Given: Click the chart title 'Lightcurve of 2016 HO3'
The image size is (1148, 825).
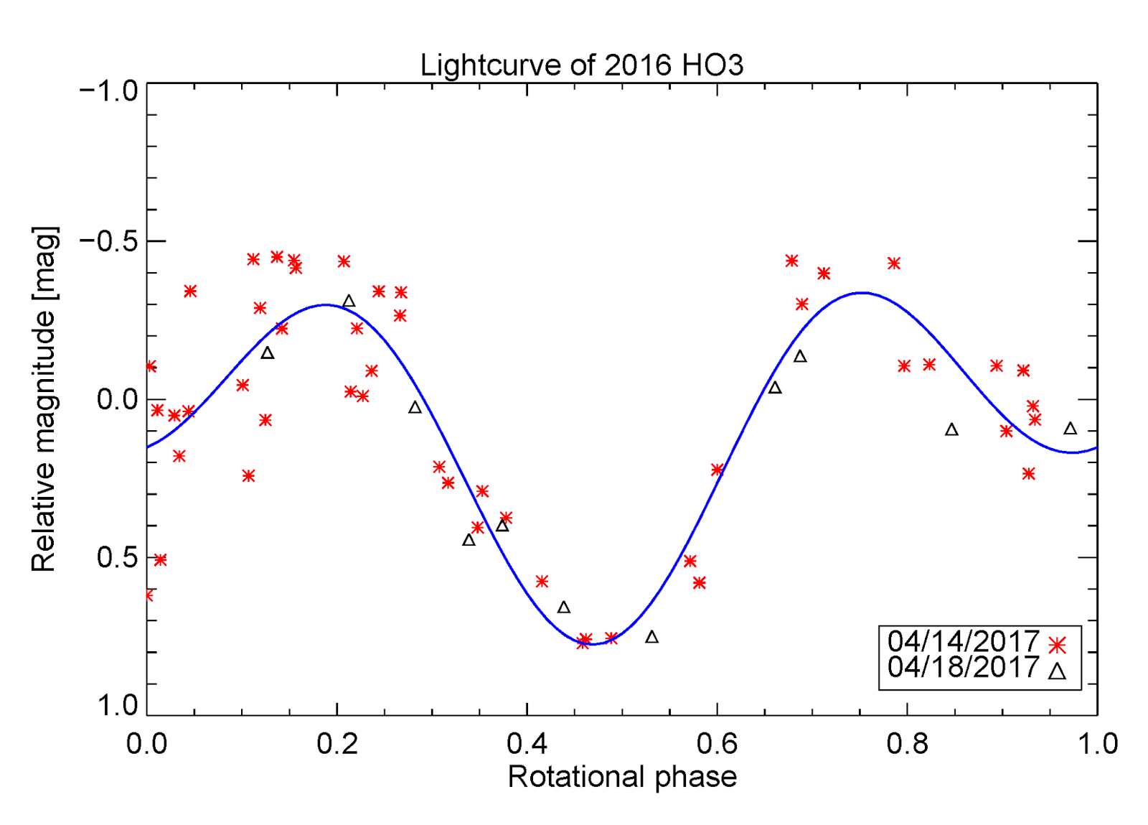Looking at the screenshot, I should click(x=581, y=65).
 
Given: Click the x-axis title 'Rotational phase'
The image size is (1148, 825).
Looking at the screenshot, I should click(x=622, y=777).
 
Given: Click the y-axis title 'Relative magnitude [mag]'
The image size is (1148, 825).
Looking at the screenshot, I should click(x=44, y=399).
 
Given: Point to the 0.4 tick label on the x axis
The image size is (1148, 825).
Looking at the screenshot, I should click(x=527, y=744).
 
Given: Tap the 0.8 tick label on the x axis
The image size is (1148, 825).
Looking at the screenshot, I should click(x=907, y=744).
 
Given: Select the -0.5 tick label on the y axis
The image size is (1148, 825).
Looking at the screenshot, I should click(x=109, y=241).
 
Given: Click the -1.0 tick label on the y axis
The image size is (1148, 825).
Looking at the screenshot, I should click(x=109, y=91).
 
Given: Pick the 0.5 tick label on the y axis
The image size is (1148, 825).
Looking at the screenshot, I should click(x=117, y=557).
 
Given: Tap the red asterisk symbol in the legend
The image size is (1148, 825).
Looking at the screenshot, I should click(x=1057, y=645).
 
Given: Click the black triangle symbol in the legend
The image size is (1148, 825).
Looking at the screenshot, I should click(x=1057, y=671).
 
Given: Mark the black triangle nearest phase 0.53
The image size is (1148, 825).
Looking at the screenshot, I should click(x=651, y=637).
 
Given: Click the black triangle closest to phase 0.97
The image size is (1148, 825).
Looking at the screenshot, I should click(x=1070, y=429).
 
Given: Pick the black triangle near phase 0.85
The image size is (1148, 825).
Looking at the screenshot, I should click(x=951, y=430).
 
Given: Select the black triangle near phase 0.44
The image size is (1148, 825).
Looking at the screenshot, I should click(x=564, y=607).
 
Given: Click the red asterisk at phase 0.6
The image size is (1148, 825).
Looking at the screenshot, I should click(x=717, y=470).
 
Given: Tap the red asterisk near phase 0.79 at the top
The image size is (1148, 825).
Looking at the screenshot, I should click(x=893, y=264).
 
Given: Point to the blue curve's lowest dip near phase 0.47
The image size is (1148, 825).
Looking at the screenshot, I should click(x=593, y=644).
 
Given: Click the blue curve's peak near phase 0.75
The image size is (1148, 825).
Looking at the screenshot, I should click(x=861, y=293).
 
